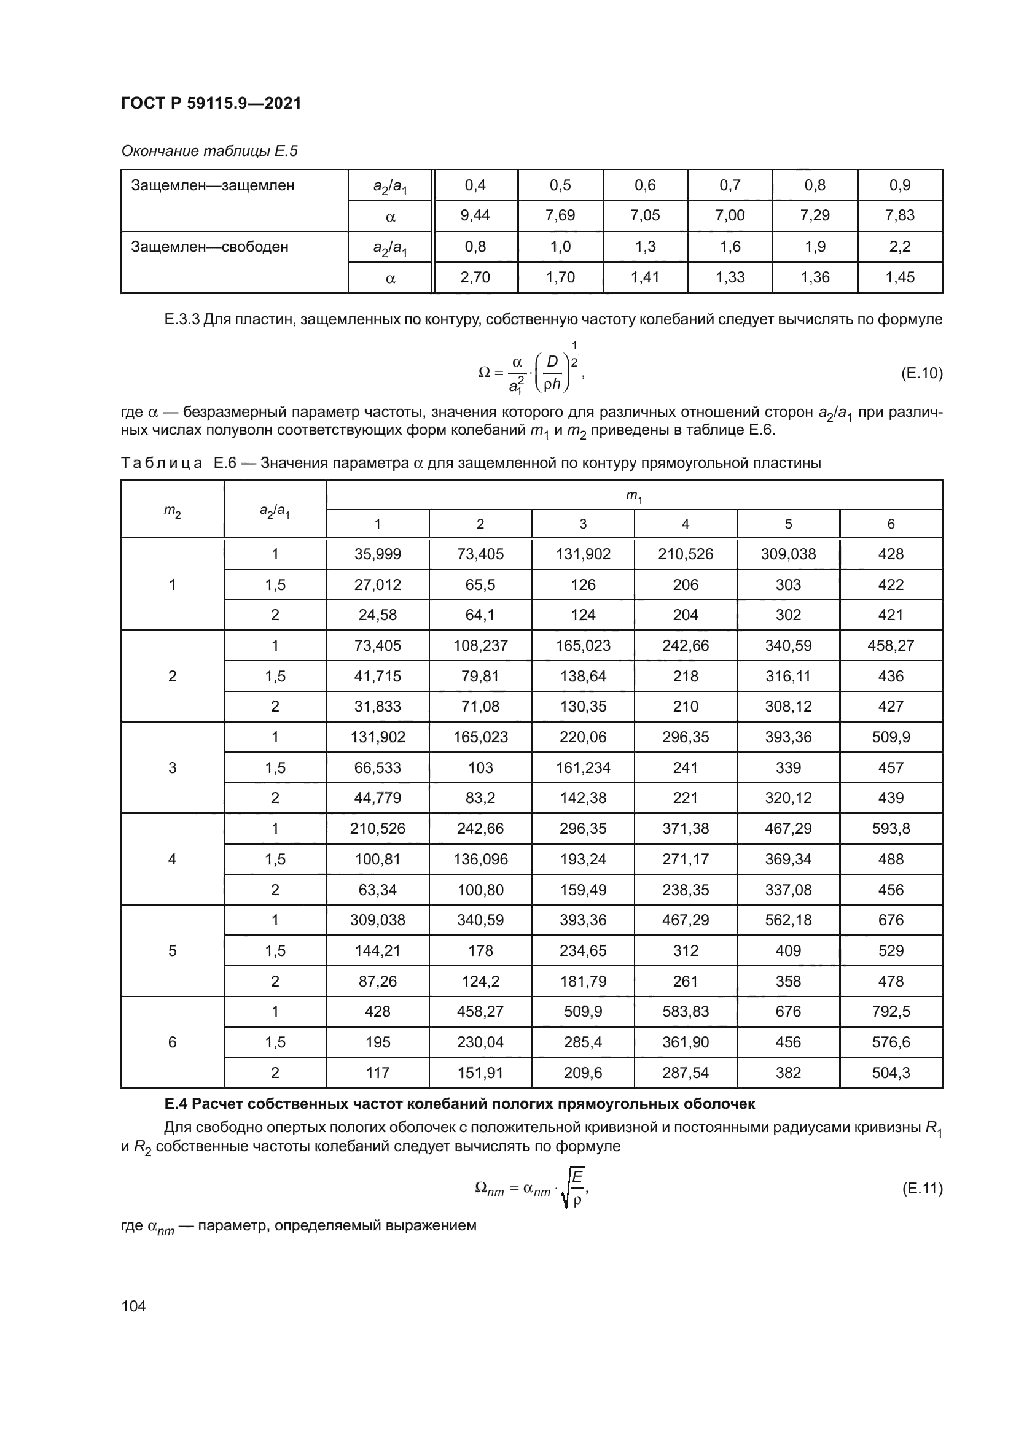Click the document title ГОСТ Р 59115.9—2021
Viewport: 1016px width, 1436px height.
211,103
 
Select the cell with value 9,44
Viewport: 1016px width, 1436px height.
475,215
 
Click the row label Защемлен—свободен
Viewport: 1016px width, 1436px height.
209,247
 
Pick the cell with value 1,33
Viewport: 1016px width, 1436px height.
730,277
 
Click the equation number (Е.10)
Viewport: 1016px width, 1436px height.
921,373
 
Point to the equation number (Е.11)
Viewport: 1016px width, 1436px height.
921,1188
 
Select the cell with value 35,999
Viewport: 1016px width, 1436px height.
377,554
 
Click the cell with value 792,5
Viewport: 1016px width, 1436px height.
891,1011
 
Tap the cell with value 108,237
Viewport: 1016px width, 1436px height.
480,645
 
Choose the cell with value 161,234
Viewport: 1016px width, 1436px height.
583,767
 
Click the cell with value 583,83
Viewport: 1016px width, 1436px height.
686,1011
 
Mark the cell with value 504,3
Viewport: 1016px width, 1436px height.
891,1073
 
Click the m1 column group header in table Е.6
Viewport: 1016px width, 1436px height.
634,496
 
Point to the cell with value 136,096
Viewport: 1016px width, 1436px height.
480,859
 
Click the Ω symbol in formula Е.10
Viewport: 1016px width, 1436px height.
483,373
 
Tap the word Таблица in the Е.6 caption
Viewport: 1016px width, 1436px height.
162,464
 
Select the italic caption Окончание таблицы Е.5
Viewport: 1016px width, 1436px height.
209,151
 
